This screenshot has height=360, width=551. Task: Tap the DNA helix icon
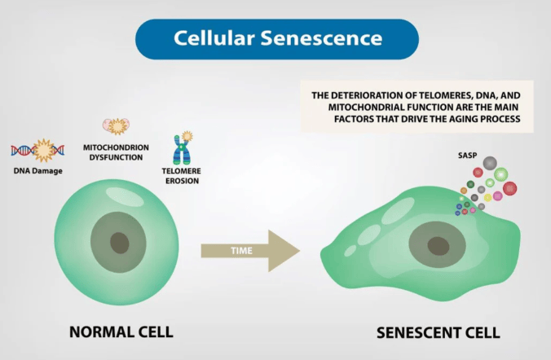pos(37,150)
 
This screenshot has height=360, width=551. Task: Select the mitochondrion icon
pos(117,125)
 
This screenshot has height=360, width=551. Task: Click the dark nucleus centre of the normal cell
pos(121,241)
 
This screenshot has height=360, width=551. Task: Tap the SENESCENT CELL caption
pos(439,333)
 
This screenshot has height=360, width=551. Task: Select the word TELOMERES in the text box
pos(434,95)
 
